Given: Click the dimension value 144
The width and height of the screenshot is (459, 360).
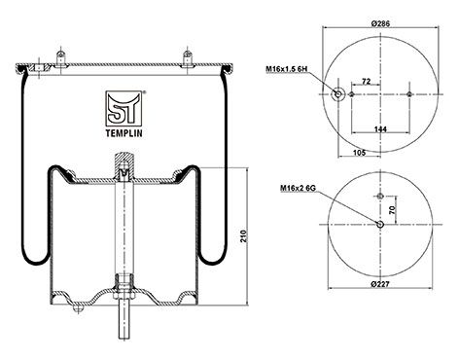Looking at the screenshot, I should click(x=372, y=128).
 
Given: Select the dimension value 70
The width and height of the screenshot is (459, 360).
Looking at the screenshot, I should click(x=393, y=208).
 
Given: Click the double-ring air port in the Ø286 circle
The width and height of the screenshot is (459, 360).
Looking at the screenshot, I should click(x=337, y=94).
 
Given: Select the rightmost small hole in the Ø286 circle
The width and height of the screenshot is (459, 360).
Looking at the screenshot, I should click(x=407, y=94).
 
